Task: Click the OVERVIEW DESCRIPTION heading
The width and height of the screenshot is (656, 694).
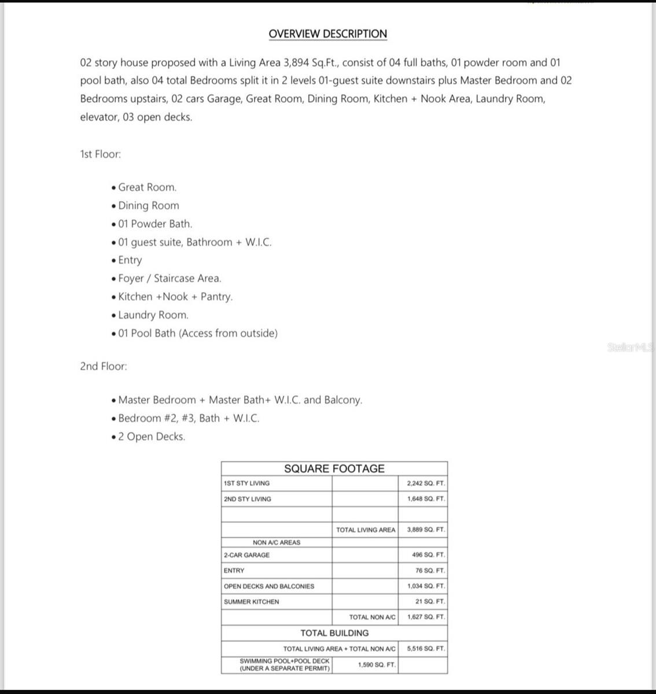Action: [327, 34]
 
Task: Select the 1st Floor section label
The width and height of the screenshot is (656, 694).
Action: [100, 154]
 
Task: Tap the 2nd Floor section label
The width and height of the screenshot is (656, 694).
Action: [103, 367]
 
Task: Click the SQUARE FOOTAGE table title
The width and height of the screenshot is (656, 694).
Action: [334, 468]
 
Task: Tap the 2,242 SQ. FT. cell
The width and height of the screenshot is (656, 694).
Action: [426, 483]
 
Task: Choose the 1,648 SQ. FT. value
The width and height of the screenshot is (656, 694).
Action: [426, 499]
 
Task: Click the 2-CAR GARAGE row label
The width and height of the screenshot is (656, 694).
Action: [246, 555]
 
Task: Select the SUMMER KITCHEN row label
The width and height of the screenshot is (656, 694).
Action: [251, 602]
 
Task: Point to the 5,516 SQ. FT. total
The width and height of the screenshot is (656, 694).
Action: [426, 649]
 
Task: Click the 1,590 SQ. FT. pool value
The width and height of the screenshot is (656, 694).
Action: [377, 665]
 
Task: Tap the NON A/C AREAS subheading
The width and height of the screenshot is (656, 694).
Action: [277, 542]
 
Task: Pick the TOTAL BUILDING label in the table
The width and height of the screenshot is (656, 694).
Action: [334, 633]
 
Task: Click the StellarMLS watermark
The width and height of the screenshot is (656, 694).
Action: [631, 348]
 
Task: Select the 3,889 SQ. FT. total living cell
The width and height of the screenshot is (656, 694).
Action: [426, 530]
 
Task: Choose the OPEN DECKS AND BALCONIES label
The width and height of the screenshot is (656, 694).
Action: [269, 586]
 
